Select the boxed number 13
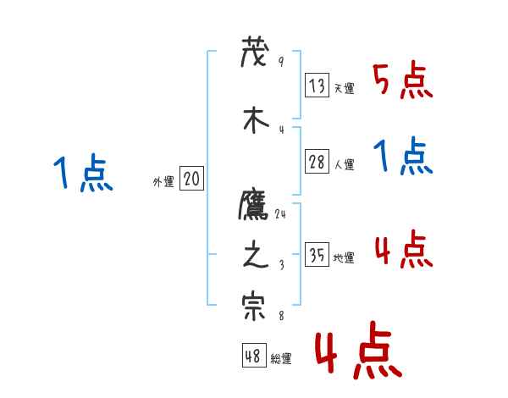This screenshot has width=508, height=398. [x=317, y=86]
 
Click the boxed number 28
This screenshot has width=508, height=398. [x=317, y=163]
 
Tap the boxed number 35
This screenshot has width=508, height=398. [x=317, y=255]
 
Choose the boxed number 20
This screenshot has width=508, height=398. [x=191, y=179]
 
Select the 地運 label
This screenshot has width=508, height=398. [x=344, y=258]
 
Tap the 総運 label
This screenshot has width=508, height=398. [x=281, y=359]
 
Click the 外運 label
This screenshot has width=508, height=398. [x=163, y=181]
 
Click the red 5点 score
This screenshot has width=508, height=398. [x=403, y=80]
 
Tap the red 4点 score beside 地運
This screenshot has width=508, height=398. [x=403, y=249]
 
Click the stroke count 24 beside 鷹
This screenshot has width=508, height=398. [x=281, y=215]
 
